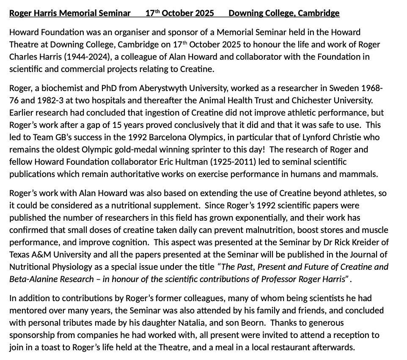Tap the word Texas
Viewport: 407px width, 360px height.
[x=20, y=255]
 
